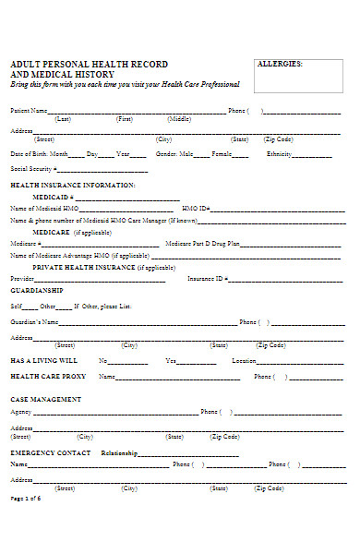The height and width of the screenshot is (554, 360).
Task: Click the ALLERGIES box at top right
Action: click(x=298, y=76)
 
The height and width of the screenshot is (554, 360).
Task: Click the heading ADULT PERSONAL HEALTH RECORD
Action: click(x=89, y=65)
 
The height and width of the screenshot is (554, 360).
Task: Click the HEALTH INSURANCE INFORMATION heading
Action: click(x=73, y=186)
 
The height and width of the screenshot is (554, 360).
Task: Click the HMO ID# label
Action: click(x=196, y=210)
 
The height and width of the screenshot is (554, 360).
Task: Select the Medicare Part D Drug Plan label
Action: click(x=201, y=244)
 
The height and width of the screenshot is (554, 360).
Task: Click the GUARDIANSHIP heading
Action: click(x=36, y=289)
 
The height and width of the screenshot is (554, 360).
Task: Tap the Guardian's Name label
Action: click(x=34, y=322)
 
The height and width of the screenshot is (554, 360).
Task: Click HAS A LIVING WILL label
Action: click(x=43, y=360)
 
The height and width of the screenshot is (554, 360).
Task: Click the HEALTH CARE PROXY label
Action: click(x=48, y=377)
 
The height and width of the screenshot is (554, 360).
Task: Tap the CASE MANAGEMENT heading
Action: click(x=45, y=399)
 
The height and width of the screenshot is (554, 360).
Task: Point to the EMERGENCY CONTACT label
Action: click(x=51, y=453)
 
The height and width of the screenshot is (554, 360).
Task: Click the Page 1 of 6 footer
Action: click(x=26, y=524)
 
